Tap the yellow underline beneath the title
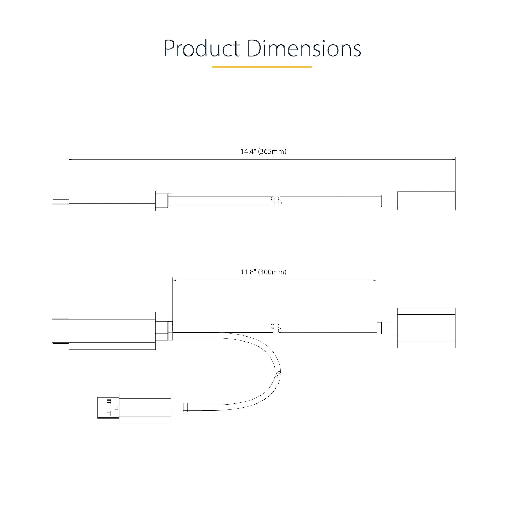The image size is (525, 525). [262, 67]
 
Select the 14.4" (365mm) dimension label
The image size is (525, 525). [263, 151]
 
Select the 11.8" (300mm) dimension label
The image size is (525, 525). [263, 272]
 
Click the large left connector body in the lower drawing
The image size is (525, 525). [112, 331]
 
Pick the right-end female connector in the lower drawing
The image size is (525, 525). [426, 328]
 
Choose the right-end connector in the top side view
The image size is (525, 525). [426, 201]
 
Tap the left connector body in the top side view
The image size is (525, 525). [112, 201]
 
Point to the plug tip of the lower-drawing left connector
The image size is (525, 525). [60, 331]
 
